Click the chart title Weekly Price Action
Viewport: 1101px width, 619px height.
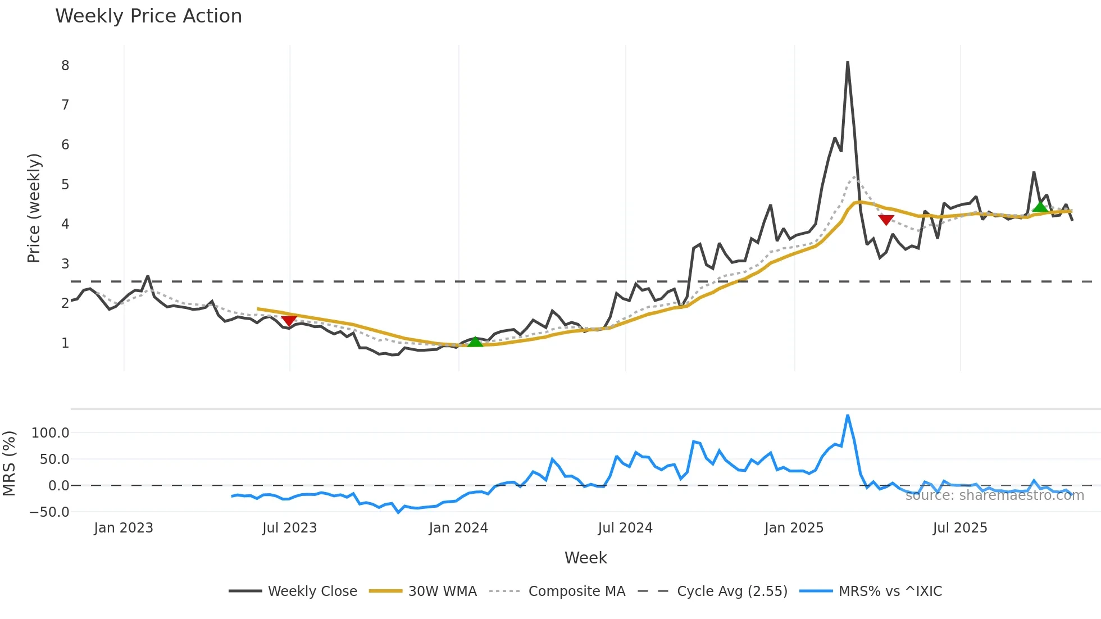coord(148,16)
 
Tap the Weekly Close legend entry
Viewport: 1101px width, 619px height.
coord(312,591)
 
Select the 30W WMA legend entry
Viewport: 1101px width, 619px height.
coord(442,591)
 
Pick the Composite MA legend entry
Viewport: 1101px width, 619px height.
coord(576,591)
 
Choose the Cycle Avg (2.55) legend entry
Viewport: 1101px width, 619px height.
coord(732,591)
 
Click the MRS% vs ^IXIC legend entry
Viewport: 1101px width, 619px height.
coord(890,591)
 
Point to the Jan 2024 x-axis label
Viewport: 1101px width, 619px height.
coord(458,528)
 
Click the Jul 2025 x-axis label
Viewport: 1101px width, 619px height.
coord(959,528)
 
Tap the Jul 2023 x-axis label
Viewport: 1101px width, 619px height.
coord(289,528)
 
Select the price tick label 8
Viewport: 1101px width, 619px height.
coord(65,66)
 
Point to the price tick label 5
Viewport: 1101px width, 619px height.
coord(65,185)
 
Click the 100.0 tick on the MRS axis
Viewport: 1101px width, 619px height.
coord(51,433)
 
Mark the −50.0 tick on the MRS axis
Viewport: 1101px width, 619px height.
coord(49,512)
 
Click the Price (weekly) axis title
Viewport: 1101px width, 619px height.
coord(34,208)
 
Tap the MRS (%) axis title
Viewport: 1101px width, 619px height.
coord(9,463)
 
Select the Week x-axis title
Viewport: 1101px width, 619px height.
coord(585,558)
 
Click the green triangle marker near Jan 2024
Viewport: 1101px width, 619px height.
coord(475,342)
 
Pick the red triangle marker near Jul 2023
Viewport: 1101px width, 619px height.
coord(289,320)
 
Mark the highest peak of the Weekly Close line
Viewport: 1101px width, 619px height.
coord(847,62)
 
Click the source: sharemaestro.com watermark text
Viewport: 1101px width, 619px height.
coord(994,495)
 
